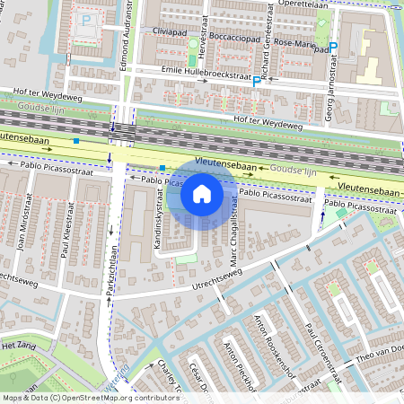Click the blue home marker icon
202,193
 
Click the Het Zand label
18,345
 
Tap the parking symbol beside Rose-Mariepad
333,48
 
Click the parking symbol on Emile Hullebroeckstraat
257,82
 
